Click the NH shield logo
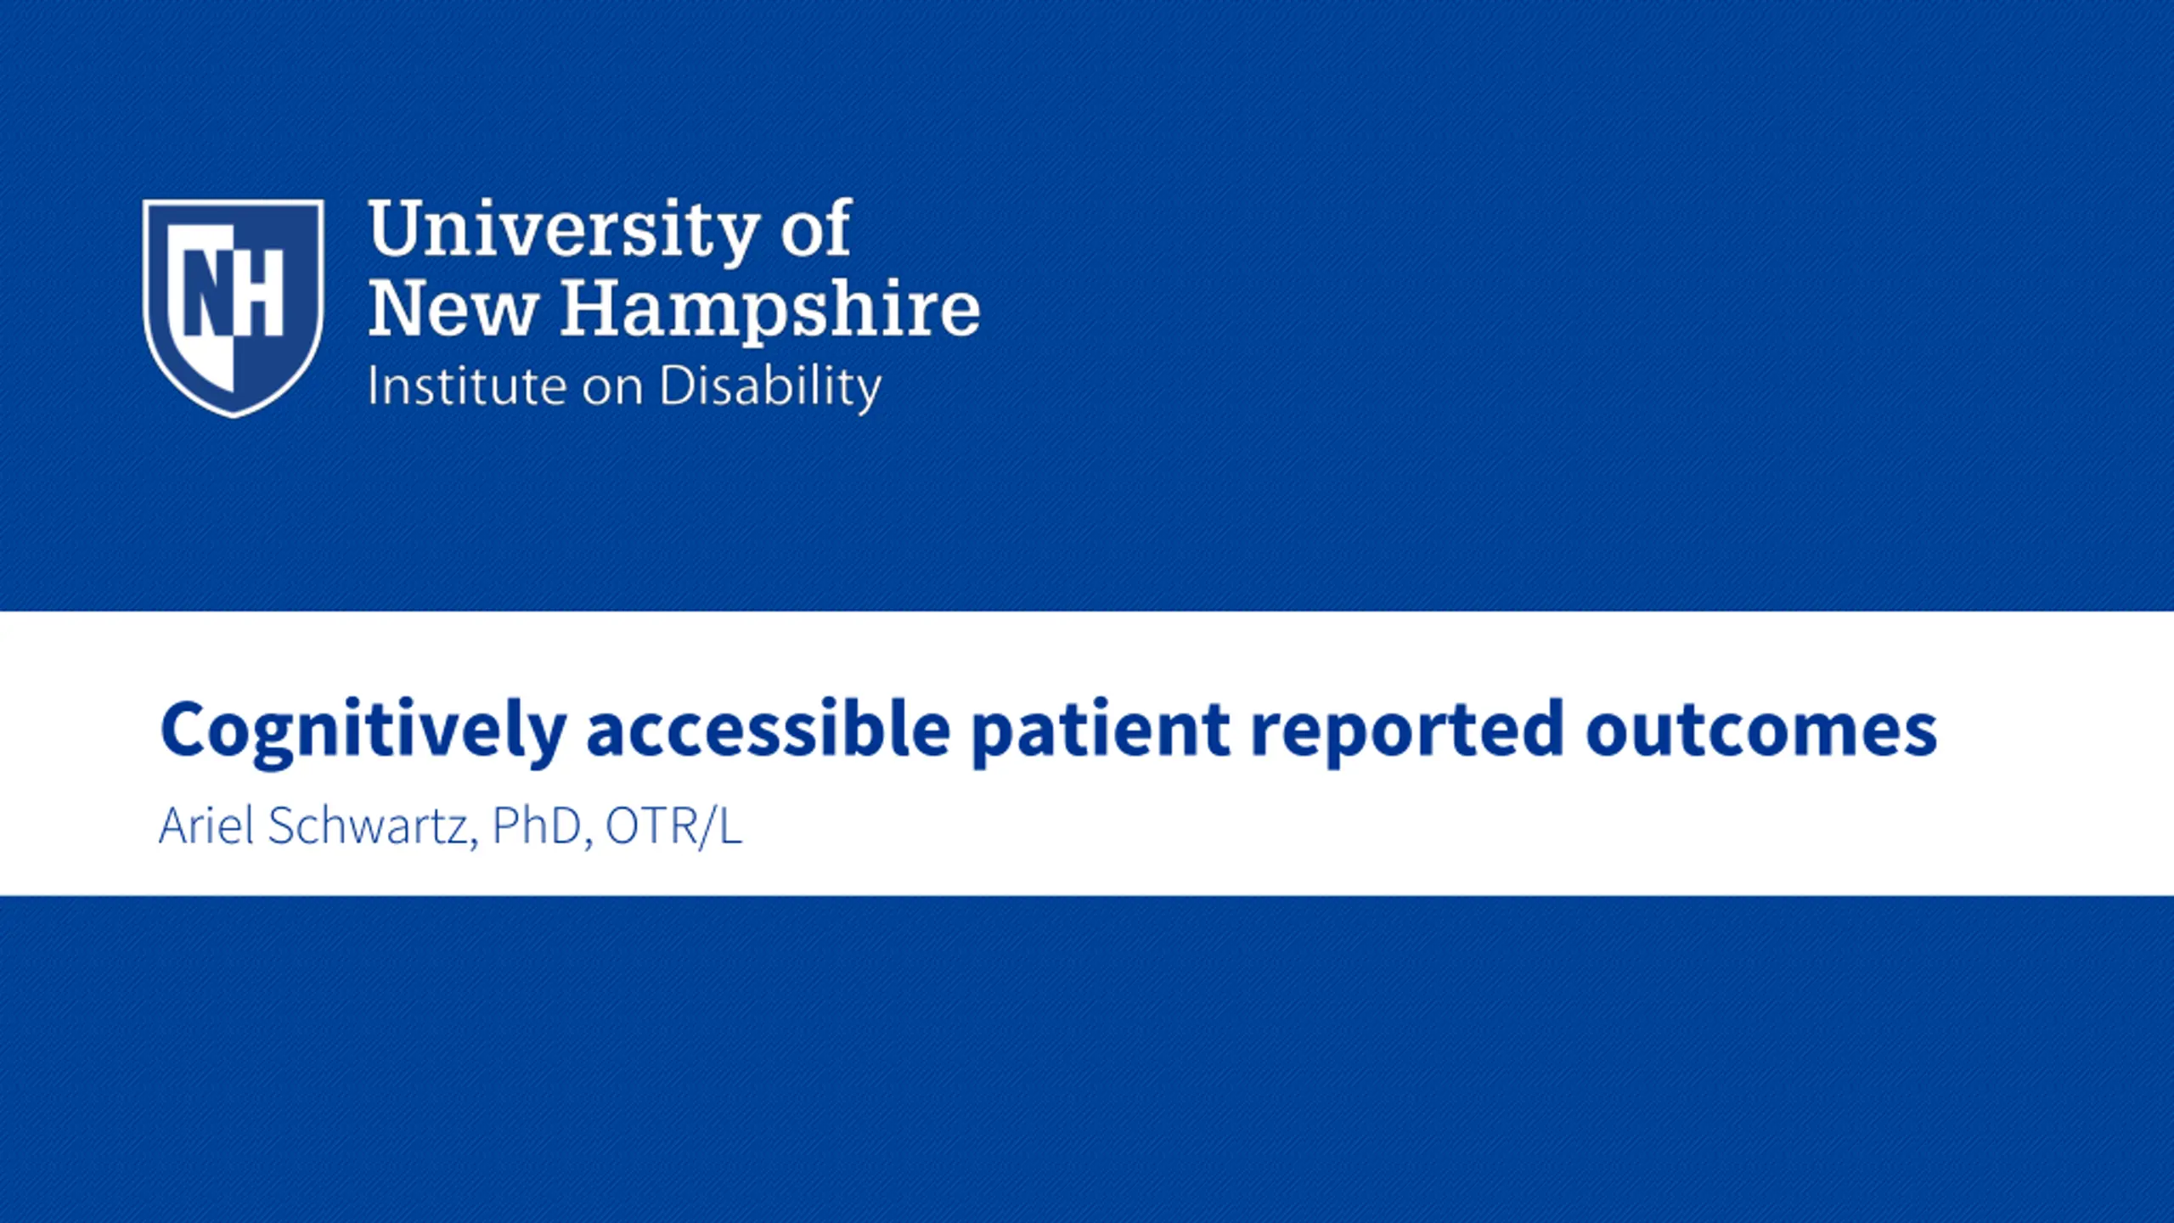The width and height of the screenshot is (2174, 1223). click(x=234, y=308)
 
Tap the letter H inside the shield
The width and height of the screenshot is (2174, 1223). click(x=259, y=292)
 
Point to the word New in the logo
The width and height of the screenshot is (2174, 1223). click(x=453, y=308)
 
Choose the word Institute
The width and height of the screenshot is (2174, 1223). click(x=466, y=386)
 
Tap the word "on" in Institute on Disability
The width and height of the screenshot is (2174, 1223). click(x=612, y=390)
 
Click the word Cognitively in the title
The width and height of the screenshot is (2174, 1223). click(x=363, y=733)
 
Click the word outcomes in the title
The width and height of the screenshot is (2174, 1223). click(x=1761, y=730)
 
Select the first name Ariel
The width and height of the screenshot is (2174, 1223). click(x=206, y=826)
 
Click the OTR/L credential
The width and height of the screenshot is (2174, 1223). click(x=674, y=826)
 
